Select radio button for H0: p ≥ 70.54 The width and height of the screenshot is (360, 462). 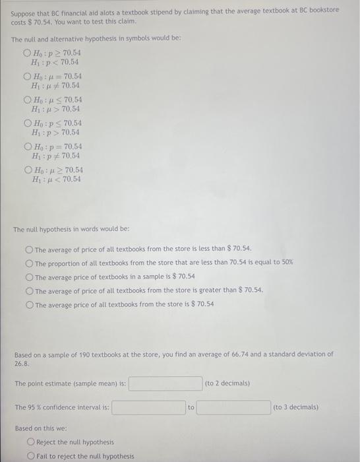click(x=27, y=53)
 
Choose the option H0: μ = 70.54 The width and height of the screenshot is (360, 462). click(x=27, y=77)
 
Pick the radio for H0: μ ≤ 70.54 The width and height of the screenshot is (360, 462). click(x=27, y=100)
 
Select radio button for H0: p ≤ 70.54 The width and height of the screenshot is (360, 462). click(x=27, y=123)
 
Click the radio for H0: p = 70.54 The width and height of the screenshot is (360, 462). click(x=27, y=147)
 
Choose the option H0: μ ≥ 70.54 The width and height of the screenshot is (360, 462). click(x=27, y=170)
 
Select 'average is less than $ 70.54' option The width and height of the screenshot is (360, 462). click(x=29, y=249)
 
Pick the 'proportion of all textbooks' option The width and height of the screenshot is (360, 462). click(x=29, y=263)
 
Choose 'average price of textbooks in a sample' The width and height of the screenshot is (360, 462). click(x=29, y=277)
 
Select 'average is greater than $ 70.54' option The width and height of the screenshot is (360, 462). click(x=29, y=290)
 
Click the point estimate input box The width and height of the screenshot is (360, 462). click(x=165, y=383)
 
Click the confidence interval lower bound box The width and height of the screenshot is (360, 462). click(x=148, y=407)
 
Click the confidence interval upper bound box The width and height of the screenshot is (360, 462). click(x=233, y=407)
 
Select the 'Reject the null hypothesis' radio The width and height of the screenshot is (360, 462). click(x=30, y=442)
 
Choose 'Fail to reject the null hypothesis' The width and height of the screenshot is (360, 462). click(x=30, y=456)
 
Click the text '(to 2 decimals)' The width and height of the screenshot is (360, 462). click(x=227, y=383)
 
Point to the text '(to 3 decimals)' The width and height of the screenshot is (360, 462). click(x=295, y=407)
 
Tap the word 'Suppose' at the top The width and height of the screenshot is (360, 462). click(x=24, y=10)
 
